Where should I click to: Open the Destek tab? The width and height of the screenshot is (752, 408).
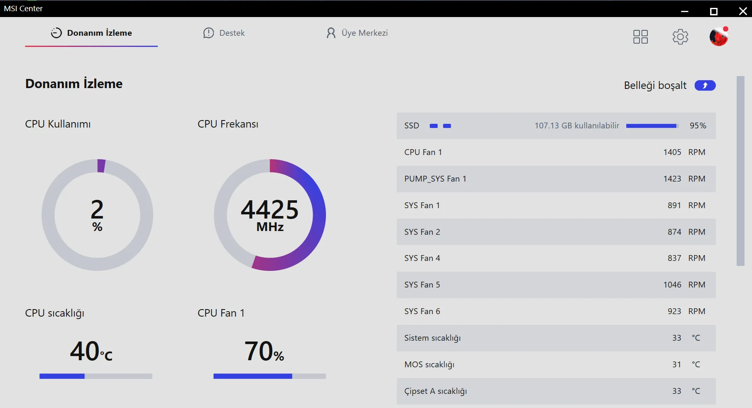tap(224, 33)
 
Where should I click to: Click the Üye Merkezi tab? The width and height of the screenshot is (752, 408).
tap(357, 33)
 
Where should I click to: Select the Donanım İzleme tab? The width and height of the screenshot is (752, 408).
tap(91, 33)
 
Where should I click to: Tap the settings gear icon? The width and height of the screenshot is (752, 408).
tap(680, 37)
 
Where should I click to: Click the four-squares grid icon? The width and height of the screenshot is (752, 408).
tap(640, 37)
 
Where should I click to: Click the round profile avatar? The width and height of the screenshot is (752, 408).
tap(719, 37)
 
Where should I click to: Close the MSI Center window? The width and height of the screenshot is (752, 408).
tap(743, 11)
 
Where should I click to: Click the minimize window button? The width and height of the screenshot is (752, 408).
tap(685, 11)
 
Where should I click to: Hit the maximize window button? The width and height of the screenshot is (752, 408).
tap(714, 11)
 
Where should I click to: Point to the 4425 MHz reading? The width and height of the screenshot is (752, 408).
tap(270, 214)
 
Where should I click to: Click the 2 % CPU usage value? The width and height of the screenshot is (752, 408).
tap(97, 214)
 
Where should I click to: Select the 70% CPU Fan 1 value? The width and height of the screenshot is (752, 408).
tap(264, 351)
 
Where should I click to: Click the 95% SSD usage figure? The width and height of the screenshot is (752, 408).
tap(698, 125)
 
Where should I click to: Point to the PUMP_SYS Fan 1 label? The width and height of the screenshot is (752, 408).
tap(435, 179)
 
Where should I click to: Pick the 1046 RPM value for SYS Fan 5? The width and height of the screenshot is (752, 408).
tap(672, 285)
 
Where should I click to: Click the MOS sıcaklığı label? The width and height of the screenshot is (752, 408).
tap(429, 364)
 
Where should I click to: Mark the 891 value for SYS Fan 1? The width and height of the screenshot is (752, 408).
tap(674, 205)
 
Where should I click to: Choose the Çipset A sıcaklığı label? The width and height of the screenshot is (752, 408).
tap(436, 391)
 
